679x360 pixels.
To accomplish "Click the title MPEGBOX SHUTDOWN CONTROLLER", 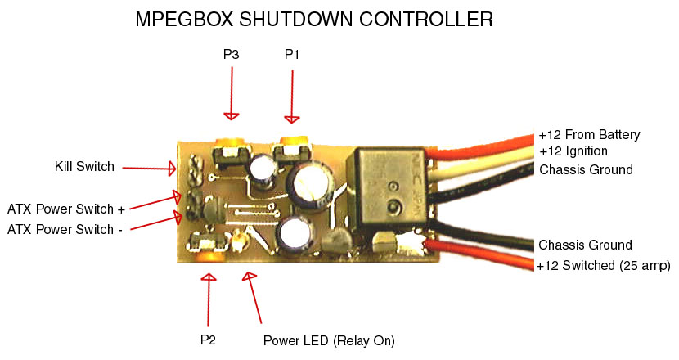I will coord(314,20).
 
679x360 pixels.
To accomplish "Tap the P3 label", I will coord(232,55).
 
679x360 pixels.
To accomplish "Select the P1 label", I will coord(292,55).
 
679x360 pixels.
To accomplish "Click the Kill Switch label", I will coord(84,167).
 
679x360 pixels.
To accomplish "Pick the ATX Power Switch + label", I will coord(66,209).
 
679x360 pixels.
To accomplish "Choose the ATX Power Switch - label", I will coord(65,230).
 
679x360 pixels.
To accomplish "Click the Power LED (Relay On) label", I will coord(329,340).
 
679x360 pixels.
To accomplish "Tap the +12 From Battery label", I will coord(589,135).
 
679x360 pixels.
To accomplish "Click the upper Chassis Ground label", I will coord(586,169).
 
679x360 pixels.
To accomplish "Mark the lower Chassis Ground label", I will coord(586,245).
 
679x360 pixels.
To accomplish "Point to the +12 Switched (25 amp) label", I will coord(604,265).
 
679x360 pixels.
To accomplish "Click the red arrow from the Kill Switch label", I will coord(148,169).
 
